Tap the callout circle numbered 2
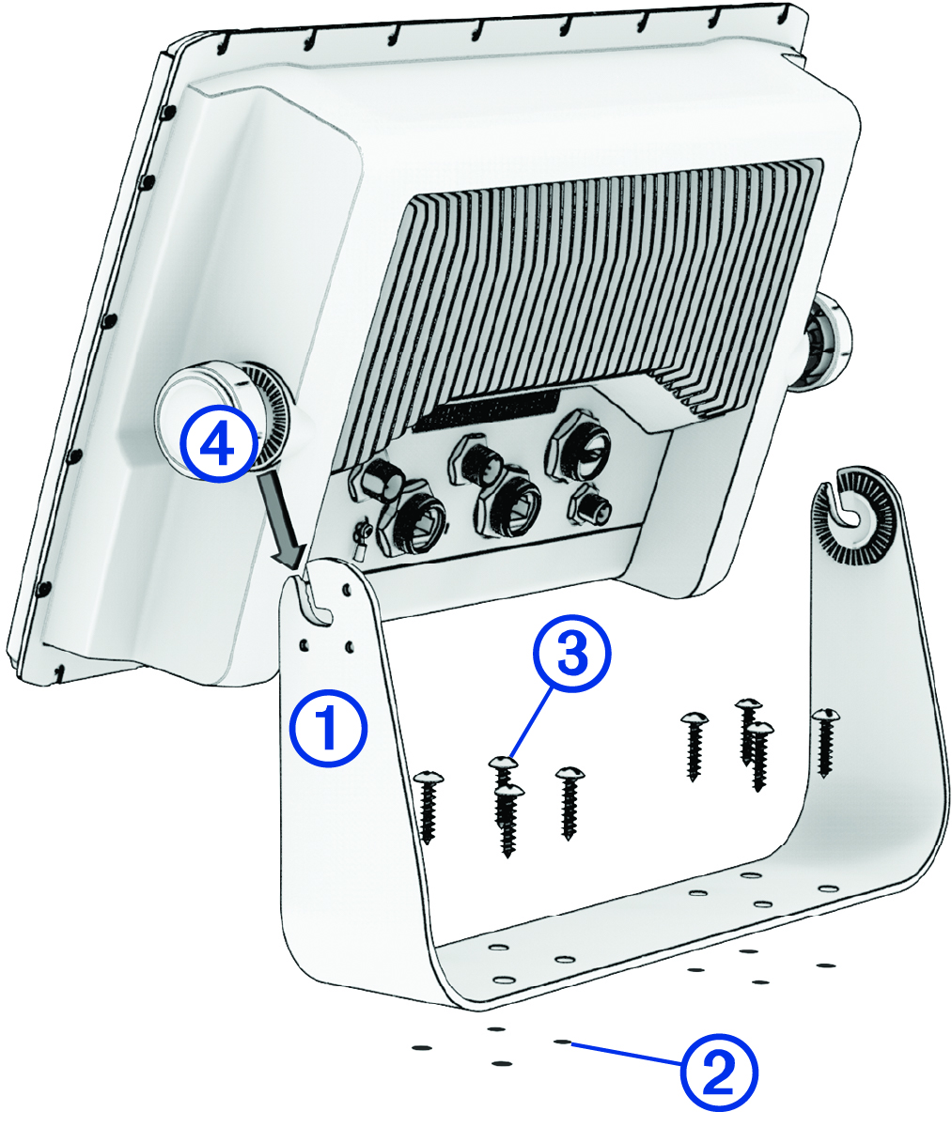[718, 1074]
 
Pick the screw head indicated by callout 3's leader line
[504, 764]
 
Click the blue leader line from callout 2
[625, 1053]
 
